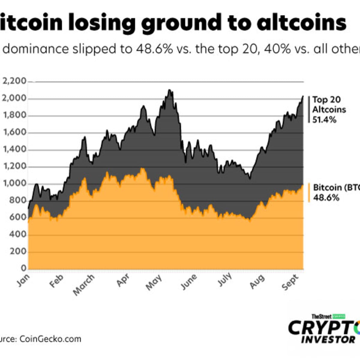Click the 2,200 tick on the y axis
pyautogui.click(x=14, y=81)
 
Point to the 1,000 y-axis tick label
pyautogui.click(x=14, y=184)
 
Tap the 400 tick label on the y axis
pyautogui.click(x=18, y=235)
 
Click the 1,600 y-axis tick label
pyautogui.click(x=14, y=133)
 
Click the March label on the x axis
pyautogui.click(x=84, y=285)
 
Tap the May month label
pyautogui.click(x=154, y=283)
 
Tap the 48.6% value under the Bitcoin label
pyautogui.click(x=326, y=198)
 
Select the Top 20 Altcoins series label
pyautogui.click(x=329, y=104)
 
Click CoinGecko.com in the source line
pyautogui.click(x=50, y=339)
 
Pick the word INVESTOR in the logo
pyautogui.click(x=328, y=340)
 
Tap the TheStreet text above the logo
pyautogui.click(x=322, y=316)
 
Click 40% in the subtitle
pyautogui.click(x=278, y=49)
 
